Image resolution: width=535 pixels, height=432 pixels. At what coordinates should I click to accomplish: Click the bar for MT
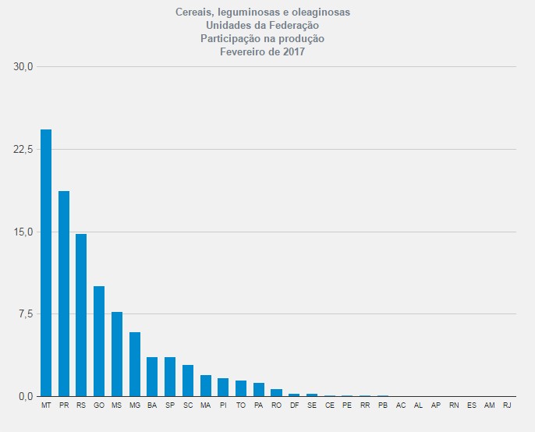[x=46, y=263]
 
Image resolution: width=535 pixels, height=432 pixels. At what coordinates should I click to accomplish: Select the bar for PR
[x=64, y=293]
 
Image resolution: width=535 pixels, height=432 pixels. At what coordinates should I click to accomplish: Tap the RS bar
[x=81, y=315]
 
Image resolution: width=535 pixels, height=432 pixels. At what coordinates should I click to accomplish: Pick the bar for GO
[x=99, y=341]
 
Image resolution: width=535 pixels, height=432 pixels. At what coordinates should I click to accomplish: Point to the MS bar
[x=117, y=354]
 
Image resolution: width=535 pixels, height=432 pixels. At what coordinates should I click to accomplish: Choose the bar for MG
[x=135, y=364]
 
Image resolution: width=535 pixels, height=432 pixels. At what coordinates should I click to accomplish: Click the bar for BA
[x=152, y=377]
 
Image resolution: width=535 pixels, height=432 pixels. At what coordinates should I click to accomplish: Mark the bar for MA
[x=206, y=385]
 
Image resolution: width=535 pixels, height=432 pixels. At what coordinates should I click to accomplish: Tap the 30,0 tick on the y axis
[x=24, y=66]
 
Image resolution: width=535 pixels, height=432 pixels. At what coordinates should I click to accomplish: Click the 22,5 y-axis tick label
[x=24, y=149]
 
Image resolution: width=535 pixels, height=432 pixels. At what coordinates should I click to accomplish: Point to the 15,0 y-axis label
[x=24, y=232]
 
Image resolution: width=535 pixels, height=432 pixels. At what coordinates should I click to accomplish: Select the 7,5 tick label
[x=26, y=313]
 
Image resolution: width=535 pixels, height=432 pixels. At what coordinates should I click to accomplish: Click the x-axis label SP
[x=170, y=406]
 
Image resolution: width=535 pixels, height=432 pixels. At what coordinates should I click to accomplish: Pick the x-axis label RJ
[x=507, y=406]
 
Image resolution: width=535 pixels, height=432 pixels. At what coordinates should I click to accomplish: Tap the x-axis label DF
[x=294, y=406]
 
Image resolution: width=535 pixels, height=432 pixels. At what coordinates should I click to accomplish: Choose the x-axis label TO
[x=241, y=406]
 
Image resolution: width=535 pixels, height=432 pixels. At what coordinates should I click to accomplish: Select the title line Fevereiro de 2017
[x=262, y=52]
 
